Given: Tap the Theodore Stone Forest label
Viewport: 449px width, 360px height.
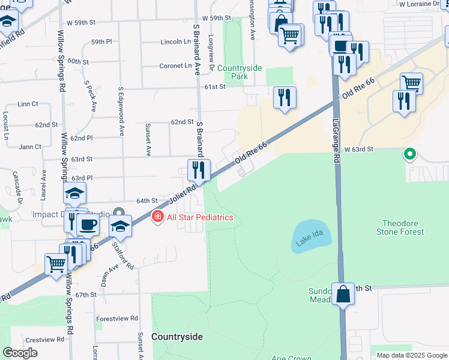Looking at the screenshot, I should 400,227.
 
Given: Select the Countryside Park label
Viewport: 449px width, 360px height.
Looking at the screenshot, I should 240,72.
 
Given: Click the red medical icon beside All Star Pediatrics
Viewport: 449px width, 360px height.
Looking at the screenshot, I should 158,217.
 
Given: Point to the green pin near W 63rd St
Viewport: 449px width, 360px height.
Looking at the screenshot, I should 410,155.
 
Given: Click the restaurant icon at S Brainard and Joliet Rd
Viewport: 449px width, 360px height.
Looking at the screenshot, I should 199,170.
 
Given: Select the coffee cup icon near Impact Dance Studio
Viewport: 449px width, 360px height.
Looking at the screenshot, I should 88,225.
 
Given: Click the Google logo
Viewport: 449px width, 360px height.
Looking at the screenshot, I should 20,353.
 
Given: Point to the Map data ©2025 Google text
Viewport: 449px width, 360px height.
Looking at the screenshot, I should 411,355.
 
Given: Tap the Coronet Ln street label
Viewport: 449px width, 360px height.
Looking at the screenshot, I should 175,66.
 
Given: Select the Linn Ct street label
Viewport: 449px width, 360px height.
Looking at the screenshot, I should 28,104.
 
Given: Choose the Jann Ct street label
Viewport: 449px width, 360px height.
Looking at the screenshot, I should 30,146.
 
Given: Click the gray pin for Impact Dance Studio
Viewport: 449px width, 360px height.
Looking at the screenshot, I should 119,214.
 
